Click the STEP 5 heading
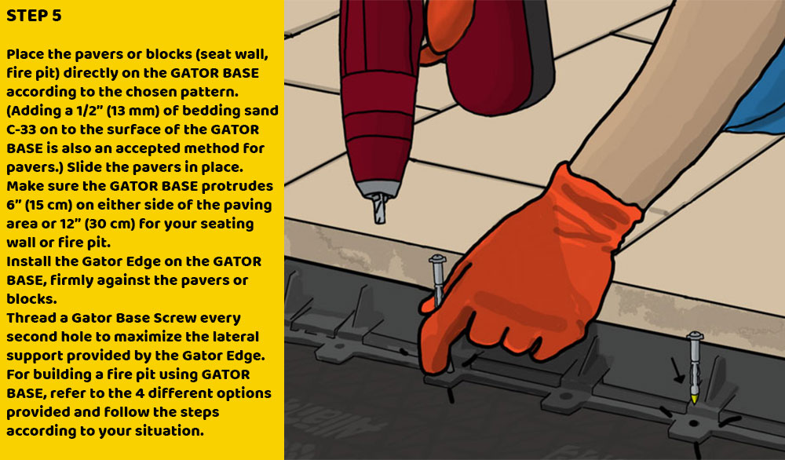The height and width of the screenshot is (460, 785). tap(34, 16)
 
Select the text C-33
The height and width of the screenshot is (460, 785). tap(24, 130)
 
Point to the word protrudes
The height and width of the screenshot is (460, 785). tap(238, 186)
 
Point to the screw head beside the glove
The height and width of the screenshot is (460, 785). tap(436, 259)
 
